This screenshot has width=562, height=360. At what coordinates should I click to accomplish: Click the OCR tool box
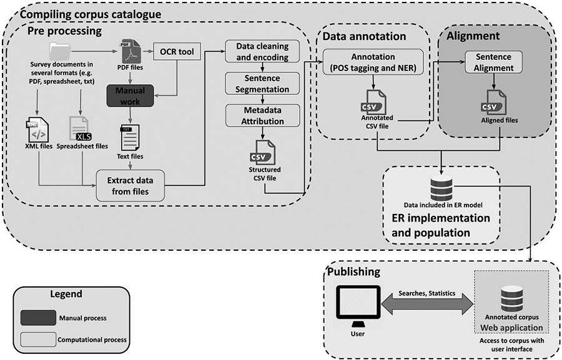pos(176,52)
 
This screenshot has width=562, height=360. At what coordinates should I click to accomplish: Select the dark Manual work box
pos(130,95)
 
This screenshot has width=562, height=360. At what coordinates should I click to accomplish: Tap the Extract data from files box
pos(130,185)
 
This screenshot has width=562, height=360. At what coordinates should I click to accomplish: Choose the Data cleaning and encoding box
pos(262,51)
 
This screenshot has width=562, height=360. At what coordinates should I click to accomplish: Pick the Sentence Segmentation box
pos(262,84)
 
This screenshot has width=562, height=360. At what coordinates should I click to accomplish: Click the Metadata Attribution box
pos(262,115)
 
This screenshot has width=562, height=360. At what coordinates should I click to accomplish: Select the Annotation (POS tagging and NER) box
pos(373,62)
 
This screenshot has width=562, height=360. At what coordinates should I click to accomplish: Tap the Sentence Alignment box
pos(493,62)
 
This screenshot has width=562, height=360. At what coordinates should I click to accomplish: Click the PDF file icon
pos(129,52)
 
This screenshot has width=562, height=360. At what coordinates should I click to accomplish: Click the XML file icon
pos(37,130)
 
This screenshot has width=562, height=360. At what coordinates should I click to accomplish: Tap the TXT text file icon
pos(130,137)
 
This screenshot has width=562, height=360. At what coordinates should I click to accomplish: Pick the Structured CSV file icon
pos(263,153)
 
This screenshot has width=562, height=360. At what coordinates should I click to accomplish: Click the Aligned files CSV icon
pos(494,103)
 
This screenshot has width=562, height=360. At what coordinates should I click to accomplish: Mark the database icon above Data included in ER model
pos(441,190)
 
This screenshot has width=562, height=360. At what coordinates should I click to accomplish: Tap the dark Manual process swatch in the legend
pos(38,318)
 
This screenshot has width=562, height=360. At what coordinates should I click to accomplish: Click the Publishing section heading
pos(354,271)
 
